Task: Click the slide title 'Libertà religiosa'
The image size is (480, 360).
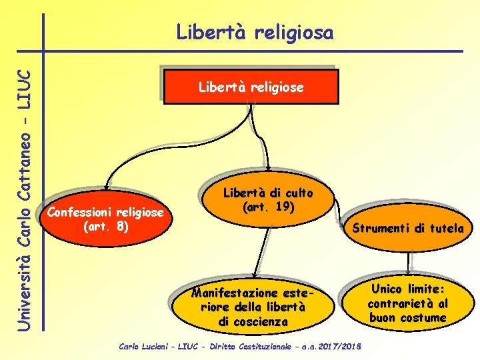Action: (x=254, y=32)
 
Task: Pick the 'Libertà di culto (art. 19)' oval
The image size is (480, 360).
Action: (x=267, y=200)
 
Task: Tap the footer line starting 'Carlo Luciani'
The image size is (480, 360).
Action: (x=239, y=347)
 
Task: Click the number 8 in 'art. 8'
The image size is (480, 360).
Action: (x=120, y=226)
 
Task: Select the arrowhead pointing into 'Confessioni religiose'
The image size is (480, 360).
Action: (x=107, y=187)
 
